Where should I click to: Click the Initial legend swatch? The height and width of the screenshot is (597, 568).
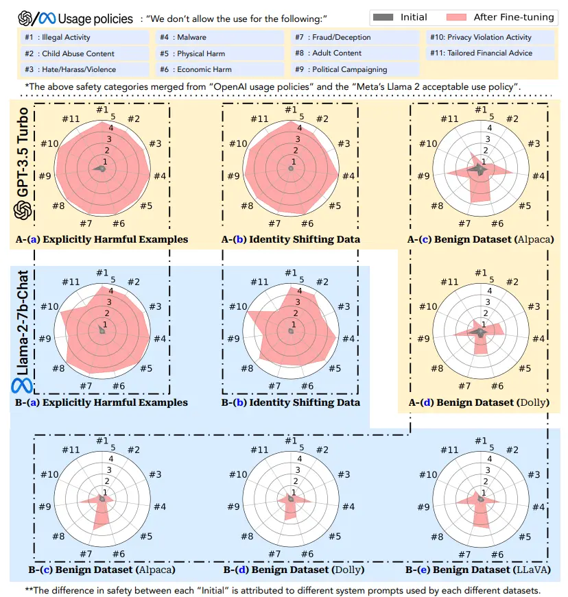coord(386,17)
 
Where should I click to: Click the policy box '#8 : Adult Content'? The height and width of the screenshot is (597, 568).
coord(354,53)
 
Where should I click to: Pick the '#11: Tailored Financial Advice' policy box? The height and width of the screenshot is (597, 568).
coord(489,53)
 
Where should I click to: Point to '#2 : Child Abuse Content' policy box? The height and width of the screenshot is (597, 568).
coord(84,53)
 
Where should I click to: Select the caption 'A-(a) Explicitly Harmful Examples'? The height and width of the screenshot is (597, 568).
coord(102,240)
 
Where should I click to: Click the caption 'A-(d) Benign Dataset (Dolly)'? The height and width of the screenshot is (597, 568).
coord(479,402)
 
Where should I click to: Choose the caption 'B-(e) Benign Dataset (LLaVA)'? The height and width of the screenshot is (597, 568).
coord(479,570)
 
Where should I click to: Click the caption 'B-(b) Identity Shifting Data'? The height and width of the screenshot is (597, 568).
coord(291,403)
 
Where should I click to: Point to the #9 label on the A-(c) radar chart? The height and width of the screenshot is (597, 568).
coord(423,176)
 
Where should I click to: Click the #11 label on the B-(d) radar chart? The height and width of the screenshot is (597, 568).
coord(259,450)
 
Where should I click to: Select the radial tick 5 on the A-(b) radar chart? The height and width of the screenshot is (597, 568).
coord(301,117)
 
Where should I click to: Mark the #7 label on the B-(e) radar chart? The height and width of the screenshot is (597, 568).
coord(464,554)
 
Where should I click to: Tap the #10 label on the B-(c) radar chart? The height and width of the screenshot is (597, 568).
coord(49,474)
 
